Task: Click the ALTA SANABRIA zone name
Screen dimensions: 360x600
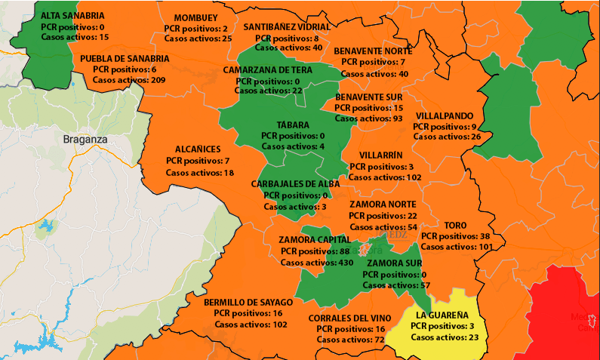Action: [72, 15]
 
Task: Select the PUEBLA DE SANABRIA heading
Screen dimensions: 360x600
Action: [125, 58]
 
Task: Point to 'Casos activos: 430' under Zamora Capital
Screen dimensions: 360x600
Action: [317, 262]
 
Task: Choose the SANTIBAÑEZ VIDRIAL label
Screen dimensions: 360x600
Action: [287, 26]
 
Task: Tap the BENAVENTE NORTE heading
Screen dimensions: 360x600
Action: [373, 51]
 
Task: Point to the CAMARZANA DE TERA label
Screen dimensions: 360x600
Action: [267, 69]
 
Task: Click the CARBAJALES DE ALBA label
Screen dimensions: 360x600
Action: [295, 183]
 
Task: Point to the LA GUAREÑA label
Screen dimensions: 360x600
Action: [442, 314]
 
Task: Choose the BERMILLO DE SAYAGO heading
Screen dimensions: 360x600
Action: [248, 302]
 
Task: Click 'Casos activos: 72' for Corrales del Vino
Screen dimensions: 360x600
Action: [351, 340]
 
